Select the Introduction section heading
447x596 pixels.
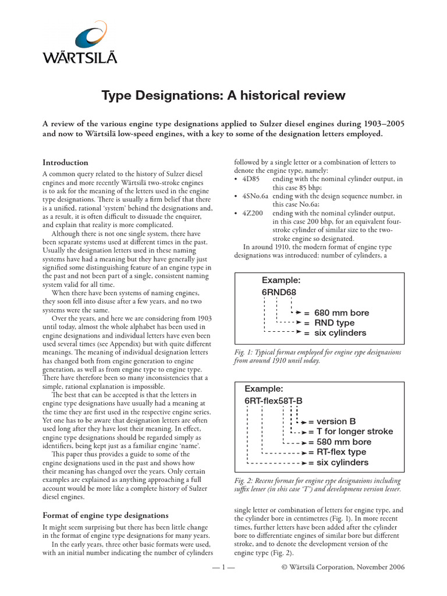(x=66, y=162)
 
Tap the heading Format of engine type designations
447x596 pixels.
(x=106, y=515)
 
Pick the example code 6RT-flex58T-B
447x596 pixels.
(x=274, y=401)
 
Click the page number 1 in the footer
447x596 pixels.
(x=223, y=567)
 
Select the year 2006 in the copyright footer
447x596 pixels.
(x=394, y=567)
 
